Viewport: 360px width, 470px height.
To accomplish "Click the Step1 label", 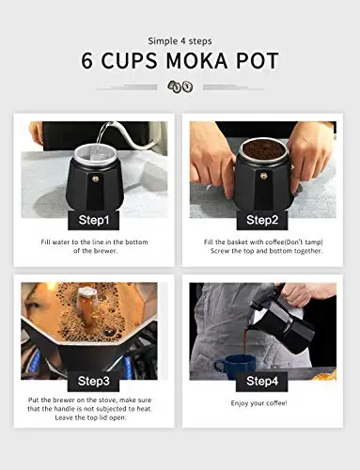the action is [94, 220].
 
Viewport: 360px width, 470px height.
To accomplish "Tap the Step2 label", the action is [262, 220].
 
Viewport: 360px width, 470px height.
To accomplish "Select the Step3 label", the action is [94, 381].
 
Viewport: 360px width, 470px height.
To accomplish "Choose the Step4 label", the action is [262, 381].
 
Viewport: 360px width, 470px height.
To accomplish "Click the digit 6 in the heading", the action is [87, 60].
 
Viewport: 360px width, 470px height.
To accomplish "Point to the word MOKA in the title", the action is [196, 60].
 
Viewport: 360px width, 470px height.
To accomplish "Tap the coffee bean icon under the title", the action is [180, 86].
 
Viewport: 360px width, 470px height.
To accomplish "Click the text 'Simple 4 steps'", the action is [180, 41].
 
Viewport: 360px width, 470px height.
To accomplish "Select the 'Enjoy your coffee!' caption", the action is [258, 403].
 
